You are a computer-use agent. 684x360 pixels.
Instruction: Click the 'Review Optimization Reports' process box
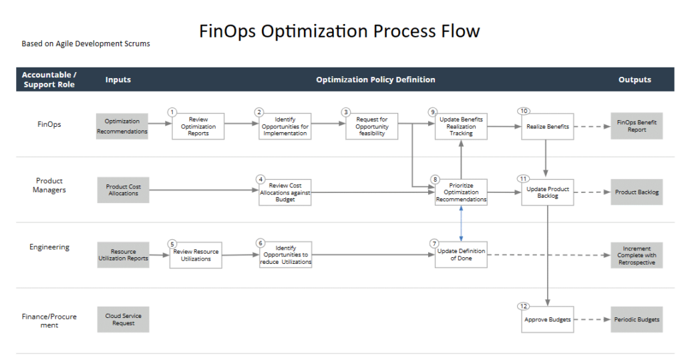click(x=198, y=126)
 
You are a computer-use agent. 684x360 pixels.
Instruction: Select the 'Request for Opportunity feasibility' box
click(x=371, y=126)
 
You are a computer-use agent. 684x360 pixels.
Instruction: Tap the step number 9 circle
click(x=434, y=112)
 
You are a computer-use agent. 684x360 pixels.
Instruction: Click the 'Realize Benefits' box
click(x=547, y=126)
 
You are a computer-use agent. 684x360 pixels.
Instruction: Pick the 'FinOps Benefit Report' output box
click(x=637, y=126)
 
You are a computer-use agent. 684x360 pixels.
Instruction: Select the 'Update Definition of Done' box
click(x=461, y=254)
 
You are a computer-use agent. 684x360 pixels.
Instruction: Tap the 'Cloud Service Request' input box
click(x=123, y=319)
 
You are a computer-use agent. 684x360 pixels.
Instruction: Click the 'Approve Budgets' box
click(x=547, y=319)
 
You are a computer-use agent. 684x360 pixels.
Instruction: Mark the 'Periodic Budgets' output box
click(x=637, y=319)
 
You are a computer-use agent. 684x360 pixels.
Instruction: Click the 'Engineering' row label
click(x=49, y=247)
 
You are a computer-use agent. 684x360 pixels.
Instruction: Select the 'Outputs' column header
click(x=635, y=79)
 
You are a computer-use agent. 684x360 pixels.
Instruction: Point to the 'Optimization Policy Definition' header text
click(x=375, y=79)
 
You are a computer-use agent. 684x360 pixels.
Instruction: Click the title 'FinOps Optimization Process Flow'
click(x=339, y=31)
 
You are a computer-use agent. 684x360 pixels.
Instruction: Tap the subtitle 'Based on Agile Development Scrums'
click(x=85, y=44)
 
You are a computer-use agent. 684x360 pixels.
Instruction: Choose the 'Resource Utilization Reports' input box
click(x=123, y=254)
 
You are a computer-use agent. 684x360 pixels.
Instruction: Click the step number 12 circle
click(x=524, y=306)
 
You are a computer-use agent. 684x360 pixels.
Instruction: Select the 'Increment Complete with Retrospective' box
click(x=637, y=255)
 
